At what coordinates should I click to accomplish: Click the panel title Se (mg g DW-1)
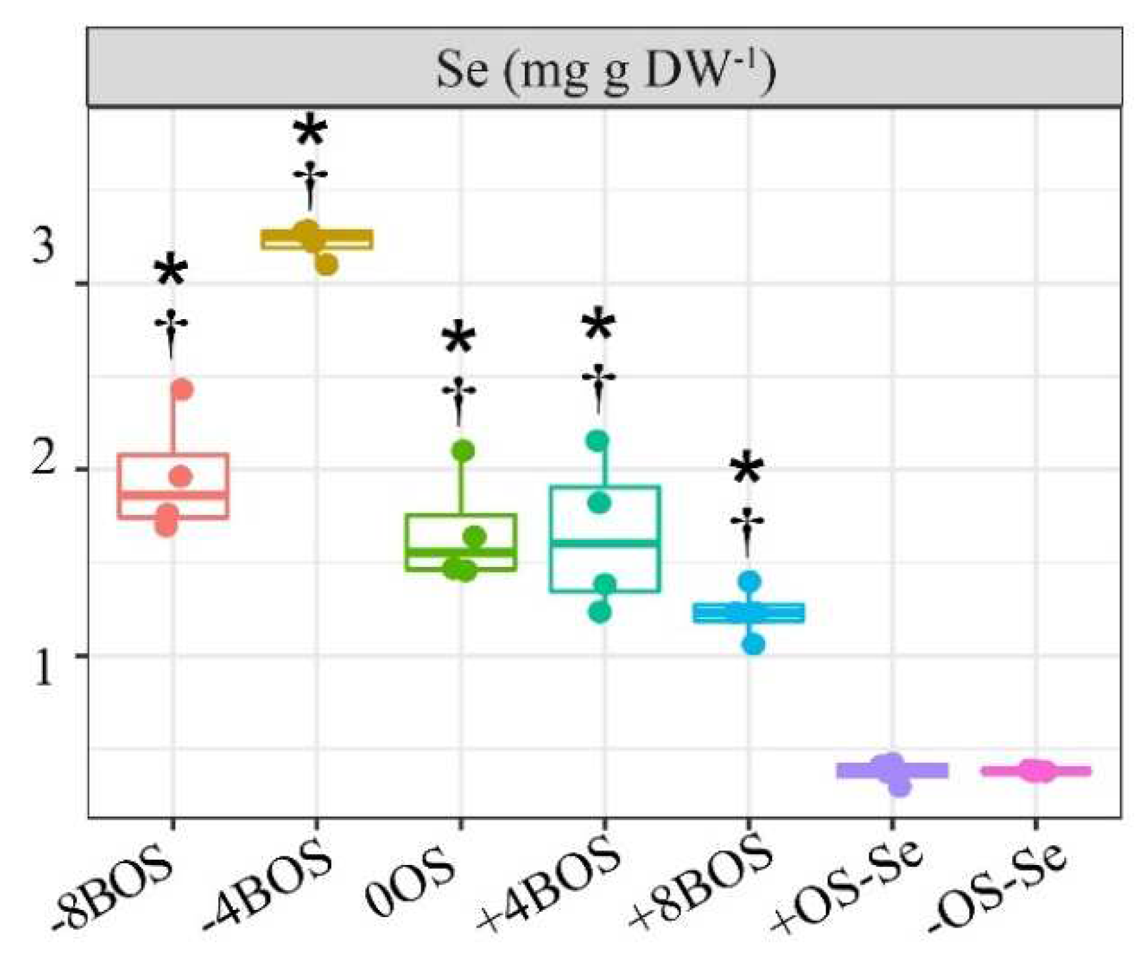pos(605,69)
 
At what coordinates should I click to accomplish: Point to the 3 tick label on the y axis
pos(43,246)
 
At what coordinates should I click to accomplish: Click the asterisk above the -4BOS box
pos(311,131)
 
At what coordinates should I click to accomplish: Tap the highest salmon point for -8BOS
pos(182,390)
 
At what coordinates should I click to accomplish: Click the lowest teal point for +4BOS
pos(599,612)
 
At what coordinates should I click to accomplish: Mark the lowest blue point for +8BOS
pos(754,643)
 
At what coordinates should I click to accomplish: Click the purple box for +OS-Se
pos(892,770)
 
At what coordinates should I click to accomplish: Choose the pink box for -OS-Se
pos(1036,770)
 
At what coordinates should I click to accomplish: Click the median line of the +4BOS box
pos(605,543)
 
